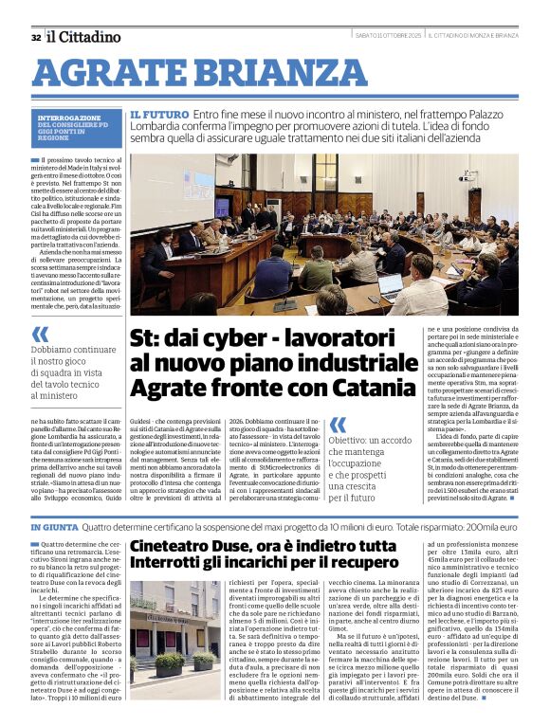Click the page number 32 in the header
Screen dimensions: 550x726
pyautogui.click(x=35, y=37)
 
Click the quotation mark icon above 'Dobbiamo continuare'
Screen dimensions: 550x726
pyautogui.click(x=40, y=334)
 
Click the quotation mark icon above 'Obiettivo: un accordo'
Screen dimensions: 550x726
pyautogui.click(x=337, y=426)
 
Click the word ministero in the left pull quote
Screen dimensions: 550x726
pyautogui.click(x=55, y=395)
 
